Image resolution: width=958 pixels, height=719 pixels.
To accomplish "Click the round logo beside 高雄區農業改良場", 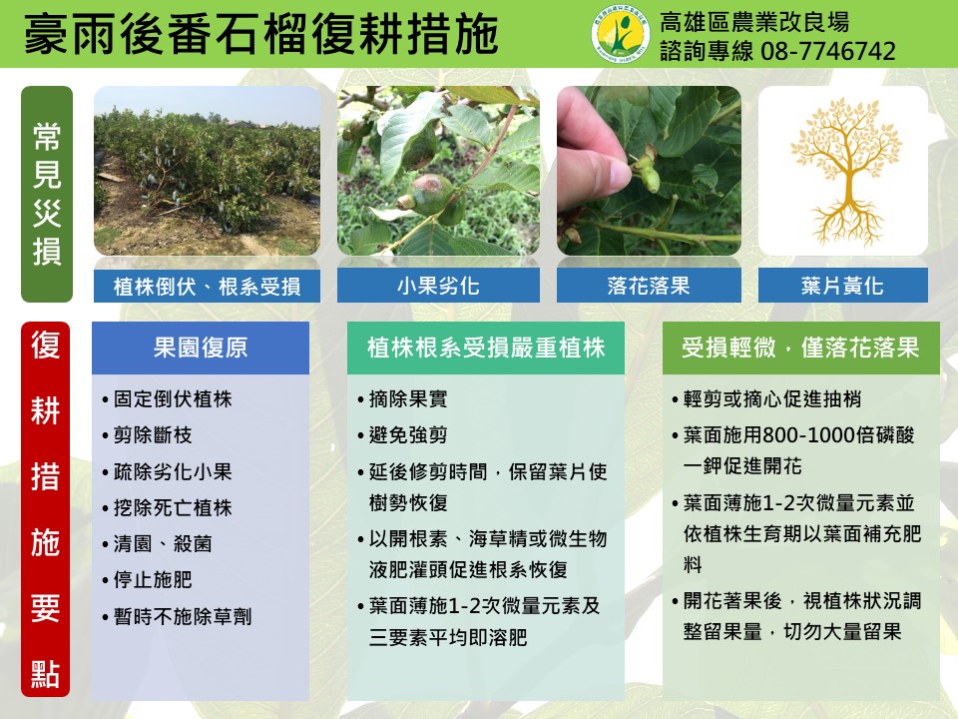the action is (x=621, y=34).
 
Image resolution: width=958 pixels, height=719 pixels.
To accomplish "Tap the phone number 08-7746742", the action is (x=828, y=51).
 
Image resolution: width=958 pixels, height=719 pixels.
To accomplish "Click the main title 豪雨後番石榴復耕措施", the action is (x=260, y=34).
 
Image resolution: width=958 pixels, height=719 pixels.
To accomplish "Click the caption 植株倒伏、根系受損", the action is (x=208, y=286).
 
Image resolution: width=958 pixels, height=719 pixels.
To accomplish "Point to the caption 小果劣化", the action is (x=438, y=286).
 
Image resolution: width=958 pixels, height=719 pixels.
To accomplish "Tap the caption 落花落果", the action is (x=649, y=286).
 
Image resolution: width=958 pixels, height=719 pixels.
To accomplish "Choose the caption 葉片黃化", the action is (x=842, y=286).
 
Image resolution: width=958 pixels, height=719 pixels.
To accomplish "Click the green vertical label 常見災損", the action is (x=47, y=194).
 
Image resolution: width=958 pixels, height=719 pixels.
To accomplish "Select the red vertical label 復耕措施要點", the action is (x=45, y=509).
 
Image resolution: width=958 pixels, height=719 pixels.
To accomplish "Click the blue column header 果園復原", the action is (x=201, y=348).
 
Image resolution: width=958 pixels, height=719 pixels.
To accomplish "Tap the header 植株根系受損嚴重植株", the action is (x=486, y=348).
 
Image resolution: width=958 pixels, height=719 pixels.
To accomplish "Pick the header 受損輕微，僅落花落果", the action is (x=801, y=348).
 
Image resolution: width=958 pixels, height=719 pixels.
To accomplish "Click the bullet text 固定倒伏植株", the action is (x=173, y=399).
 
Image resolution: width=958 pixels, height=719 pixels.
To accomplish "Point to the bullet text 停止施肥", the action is (x=153, y=579).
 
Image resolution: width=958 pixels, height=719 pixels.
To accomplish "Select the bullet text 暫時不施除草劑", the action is (x=182, y=616).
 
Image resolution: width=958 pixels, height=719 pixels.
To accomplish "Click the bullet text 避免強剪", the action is (x=408, y=435).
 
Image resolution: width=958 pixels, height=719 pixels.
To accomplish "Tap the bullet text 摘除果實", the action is (x=408, y=399).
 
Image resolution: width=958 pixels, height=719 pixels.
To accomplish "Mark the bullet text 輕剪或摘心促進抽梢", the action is (x=772, y=399).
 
